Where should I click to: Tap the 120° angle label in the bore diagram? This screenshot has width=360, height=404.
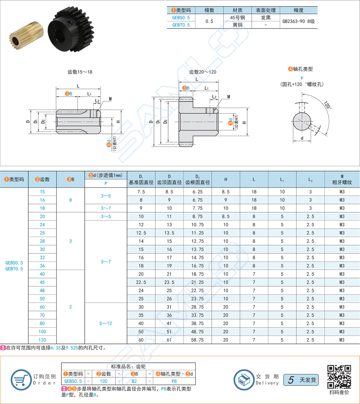tap(327, 106)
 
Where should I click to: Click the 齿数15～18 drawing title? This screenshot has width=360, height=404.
tap(80, 72)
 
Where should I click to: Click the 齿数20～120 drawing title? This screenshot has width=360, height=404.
tap(203, 72)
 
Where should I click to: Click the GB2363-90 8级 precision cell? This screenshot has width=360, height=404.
tap(299, 21)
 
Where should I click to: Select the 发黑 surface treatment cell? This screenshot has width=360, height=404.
tap(265, 18)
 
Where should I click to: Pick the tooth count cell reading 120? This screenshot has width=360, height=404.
tap(42, 340)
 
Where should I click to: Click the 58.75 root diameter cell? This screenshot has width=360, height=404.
tap(197, 340)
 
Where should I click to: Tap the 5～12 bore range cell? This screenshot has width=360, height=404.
tap(106, 323)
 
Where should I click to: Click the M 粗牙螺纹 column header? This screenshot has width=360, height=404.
tap(342, 179)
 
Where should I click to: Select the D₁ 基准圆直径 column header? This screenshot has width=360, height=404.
tap(141, 179)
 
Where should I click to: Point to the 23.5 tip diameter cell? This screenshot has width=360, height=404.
tap(169, 282)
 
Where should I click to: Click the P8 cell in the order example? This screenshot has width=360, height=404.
tap(174, 381)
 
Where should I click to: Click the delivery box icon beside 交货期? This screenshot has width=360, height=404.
tap(243, 379)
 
